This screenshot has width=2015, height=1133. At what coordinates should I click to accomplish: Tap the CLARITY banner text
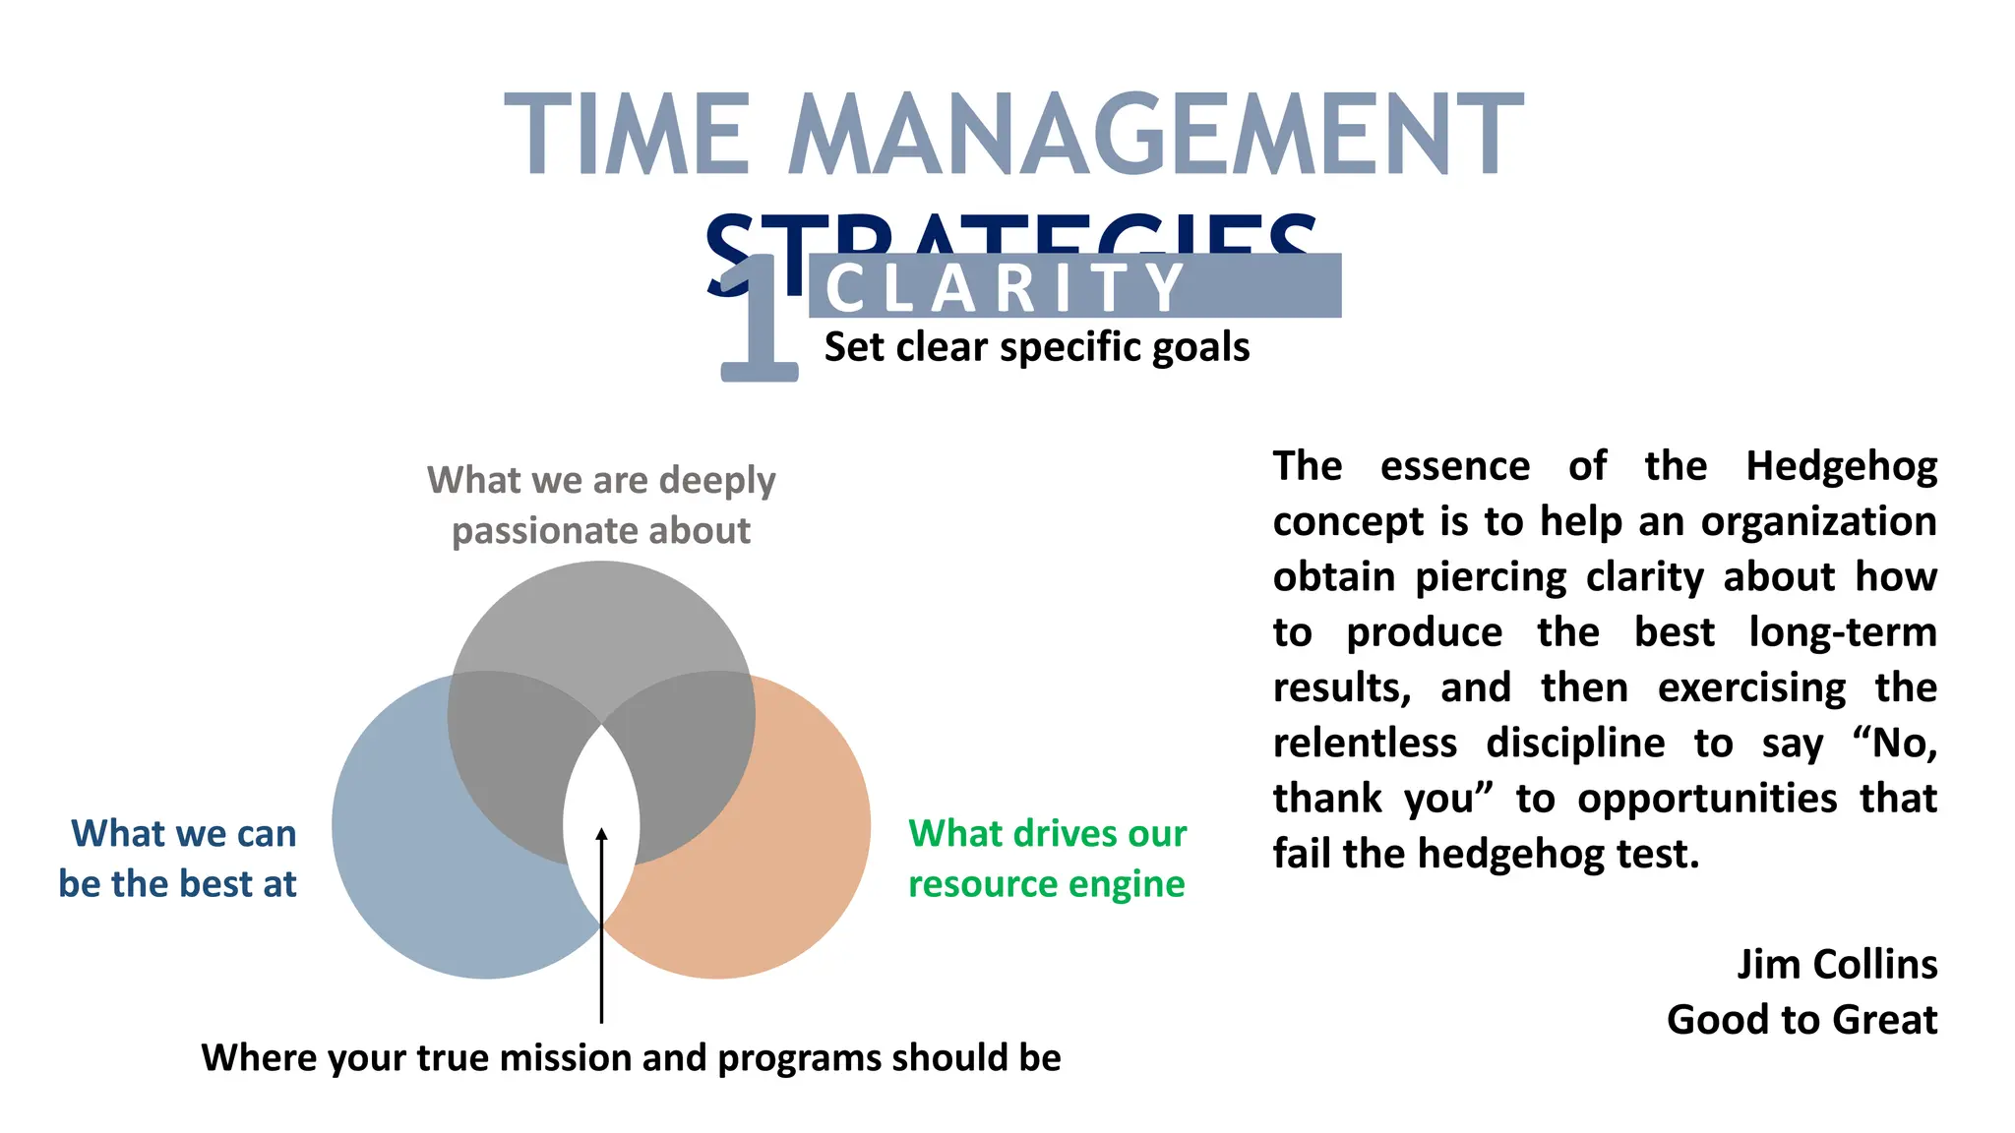pos(1006,287)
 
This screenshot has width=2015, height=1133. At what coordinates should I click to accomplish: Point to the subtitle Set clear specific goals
pos(1036,347)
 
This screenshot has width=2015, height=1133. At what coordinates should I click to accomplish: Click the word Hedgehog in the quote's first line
pos(1841,466)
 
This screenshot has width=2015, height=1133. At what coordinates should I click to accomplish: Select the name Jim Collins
pos(1836,964)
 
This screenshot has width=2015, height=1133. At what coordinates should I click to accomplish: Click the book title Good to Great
pos(1801,1019)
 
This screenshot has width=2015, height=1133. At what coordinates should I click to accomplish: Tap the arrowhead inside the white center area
pos(601,835)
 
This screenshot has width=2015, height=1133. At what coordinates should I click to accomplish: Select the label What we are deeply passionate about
pos(601,505)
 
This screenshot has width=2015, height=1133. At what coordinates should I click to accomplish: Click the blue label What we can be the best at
pos(179,858)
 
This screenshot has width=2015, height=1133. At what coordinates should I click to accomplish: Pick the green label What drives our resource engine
pos(1047,858)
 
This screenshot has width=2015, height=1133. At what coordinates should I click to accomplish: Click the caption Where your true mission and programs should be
pos(631,1057)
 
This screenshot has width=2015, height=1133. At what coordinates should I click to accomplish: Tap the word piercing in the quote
pos(1491,577)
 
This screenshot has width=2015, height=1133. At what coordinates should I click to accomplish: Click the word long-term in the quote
pos(1842,632)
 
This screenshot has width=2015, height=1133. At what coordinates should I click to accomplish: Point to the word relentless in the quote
pos(1365,743)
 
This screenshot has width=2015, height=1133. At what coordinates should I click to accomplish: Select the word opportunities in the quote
pos(1707,798)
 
